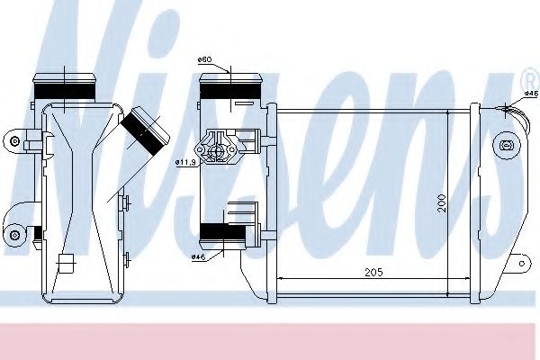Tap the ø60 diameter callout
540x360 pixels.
pyautogui.click(x=204, y=60)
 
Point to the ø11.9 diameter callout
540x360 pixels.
pyautogui.click(x=184, y=162)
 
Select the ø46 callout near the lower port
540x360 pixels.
pyautogui.click(x=198, y=256)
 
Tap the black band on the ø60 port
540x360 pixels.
pyautogui.click(x=222, y=89)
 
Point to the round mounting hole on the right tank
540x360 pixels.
pyautogui.click(x=505, y=145)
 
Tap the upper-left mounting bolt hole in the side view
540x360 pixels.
pyautogui.click(x=14, y=140)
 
